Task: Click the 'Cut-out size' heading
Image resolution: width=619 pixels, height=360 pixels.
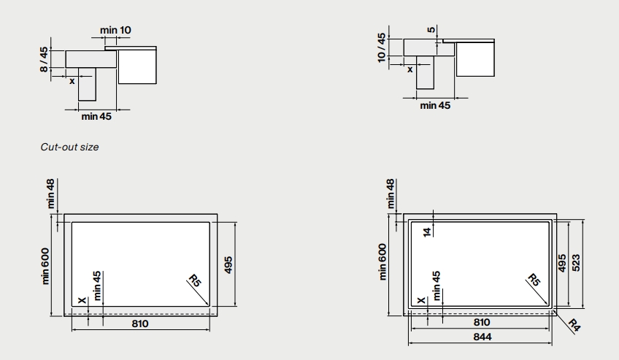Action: pos(69,147)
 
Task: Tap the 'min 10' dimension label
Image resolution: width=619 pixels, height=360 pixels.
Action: pos(115,30)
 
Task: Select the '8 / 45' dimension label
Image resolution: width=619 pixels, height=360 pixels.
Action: pos(44,59)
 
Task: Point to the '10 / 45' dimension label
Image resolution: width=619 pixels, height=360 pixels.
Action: pos(381,47)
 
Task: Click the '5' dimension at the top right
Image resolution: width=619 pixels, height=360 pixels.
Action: pos(431,29)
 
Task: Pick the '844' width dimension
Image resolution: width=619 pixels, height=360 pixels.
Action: pos(482,337)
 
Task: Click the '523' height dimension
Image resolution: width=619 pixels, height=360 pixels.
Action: pos(576,262)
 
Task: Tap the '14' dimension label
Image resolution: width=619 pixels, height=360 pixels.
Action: pos(427,232)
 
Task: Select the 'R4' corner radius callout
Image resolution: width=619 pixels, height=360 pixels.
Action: pos(574,325)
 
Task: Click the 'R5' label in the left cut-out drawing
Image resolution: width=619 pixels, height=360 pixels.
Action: pos(195,280)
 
